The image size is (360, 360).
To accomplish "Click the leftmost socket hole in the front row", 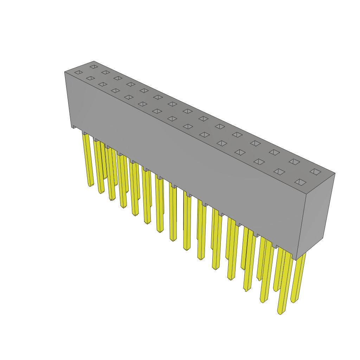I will coord(79,72).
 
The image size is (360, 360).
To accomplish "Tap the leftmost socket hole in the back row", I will coord(94,66).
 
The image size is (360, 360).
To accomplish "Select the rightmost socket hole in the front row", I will coord(300,182).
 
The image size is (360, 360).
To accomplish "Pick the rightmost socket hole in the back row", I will coord(315,172).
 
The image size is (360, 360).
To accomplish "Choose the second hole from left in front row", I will coord(90,78).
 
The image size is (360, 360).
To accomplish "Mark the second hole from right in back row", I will coord(294,162).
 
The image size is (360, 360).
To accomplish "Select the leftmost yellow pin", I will coord(88,158).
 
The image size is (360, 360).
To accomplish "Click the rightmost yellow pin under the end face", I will coord(299,278).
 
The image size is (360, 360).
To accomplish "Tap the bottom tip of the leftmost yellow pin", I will coord(90,185).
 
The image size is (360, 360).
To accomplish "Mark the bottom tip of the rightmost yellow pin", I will coord(294,301).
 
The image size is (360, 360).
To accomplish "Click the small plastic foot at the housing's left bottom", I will coord(74,127).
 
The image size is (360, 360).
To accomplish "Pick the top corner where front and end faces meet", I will coord(306,194).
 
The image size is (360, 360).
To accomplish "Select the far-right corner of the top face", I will coord(335,173).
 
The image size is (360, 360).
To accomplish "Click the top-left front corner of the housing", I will coord(65,72).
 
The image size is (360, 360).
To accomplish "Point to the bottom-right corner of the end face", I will coord(323,238).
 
